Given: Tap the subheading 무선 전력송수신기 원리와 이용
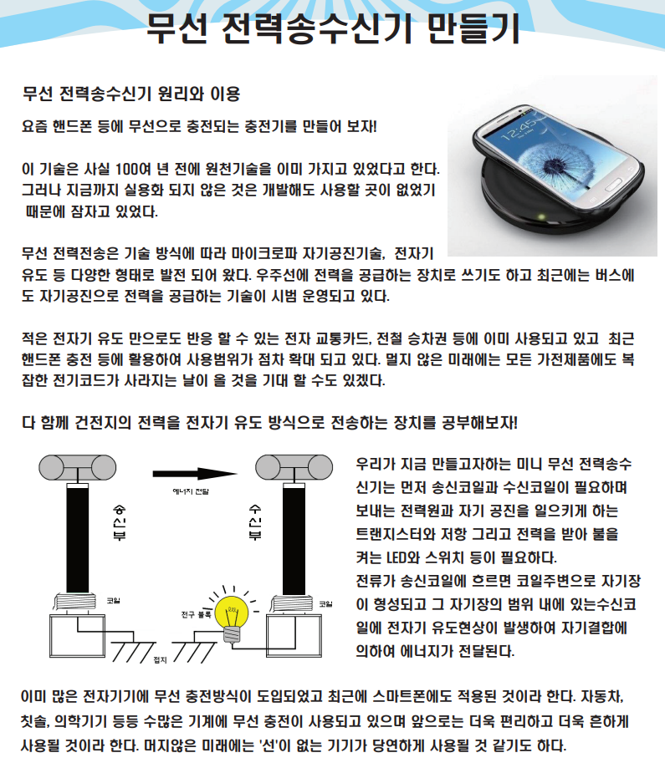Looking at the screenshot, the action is [x=131, y=94].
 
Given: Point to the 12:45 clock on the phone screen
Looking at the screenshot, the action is [x=519, y=128].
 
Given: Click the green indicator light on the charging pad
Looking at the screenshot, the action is [x=540, y=216].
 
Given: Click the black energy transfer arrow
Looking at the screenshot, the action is [x=194, y=474].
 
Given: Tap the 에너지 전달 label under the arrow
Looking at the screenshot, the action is [x=191, y=491].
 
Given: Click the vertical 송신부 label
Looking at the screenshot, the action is [x=120, y=522].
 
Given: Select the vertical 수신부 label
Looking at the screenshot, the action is [x=255, y=522].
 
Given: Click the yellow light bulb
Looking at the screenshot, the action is [x=232, y=616].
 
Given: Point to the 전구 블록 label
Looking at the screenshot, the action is [x=196, y=615].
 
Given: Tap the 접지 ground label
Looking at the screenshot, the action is [x=161, y=660].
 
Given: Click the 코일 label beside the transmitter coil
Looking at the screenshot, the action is [x=114, y=601].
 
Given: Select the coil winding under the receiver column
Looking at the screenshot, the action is [x=291, y=604].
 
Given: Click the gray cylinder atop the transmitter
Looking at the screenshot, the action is [x=78, y=468].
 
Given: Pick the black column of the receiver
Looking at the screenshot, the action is [x=294, y=541].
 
